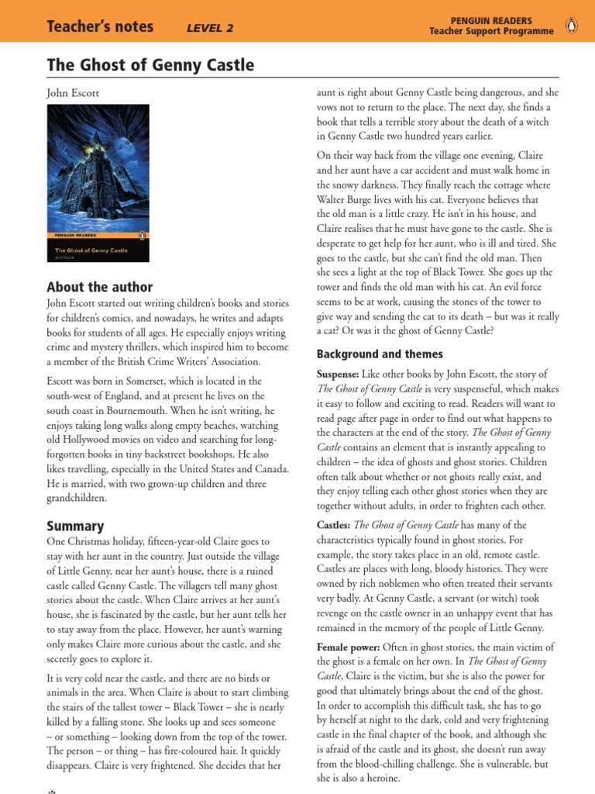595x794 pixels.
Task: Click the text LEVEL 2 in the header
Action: pos(210,29)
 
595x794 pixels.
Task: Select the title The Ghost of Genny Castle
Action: pos(150,65)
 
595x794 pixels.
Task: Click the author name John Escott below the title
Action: pos(73,93)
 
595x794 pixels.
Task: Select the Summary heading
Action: pos(75,526)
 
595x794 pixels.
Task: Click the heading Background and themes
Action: pos(380,354)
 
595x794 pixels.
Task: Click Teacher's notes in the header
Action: pos(100,28)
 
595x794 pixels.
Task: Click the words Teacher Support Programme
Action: pos(492,32)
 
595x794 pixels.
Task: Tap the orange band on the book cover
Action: pos(98,234)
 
